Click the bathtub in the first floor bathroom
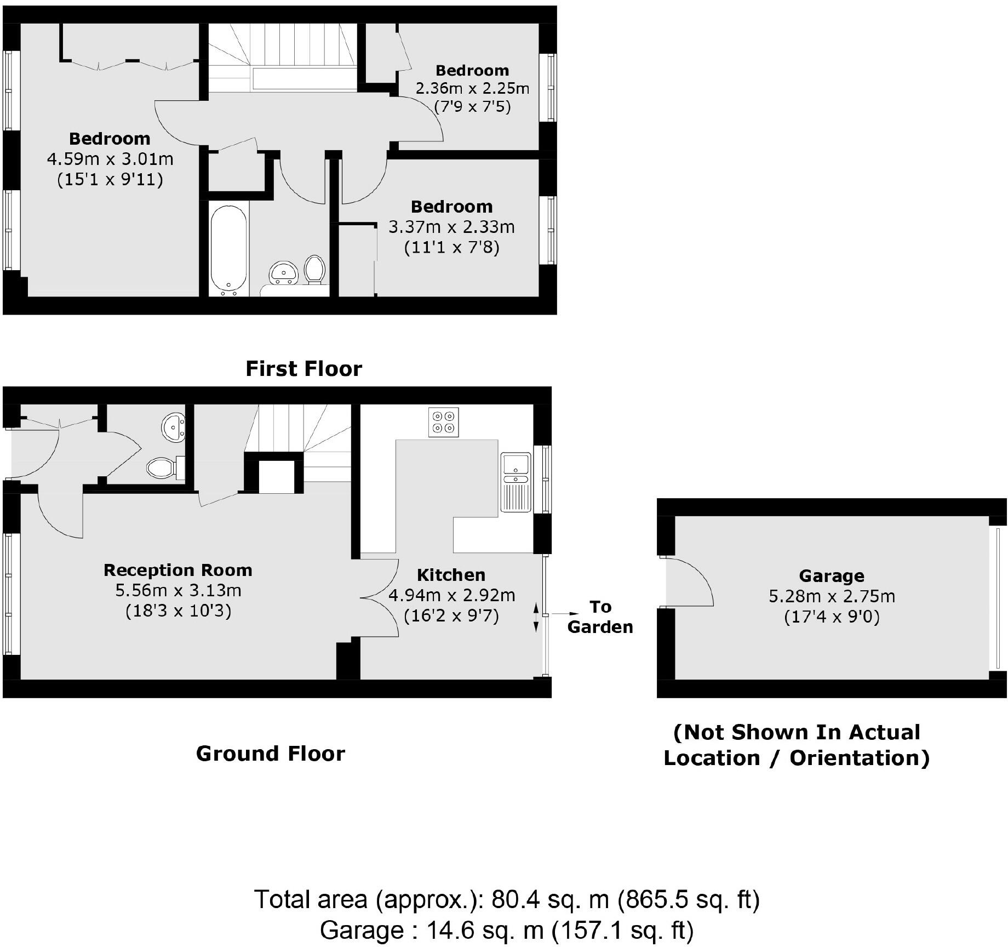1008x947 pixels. click(x=228, y=248)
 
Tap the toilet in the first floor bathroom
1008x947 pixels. click(x=314, y=269)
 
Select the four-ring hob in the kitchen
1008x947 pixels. click(x=443, y=422)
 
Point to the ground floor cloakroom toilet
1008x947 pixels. click(x=165, y=467)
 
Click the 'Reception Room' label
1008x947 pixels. click(x=178, y=570)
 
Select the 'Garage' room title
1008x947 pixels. click(x=831, y=575)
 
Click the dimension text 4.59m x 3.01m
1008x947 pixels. click(x=110, y=159)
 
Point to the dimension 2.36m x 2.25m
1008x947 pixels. click(x=472, y=88)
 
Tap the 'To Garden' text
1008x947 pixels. click(x=600, y=617)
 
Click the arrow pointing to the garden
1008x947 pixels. click(x=564, y=614)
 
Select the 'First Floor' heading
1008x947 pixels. click(x=303, y=369)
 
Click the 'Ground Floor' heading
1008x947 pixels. click(x=271, y=754)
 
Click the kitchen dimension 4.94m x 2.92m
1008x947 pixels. click(x=451, y=595)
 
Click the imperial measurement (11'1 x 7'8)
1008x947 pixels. click(x=451, y=248)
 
